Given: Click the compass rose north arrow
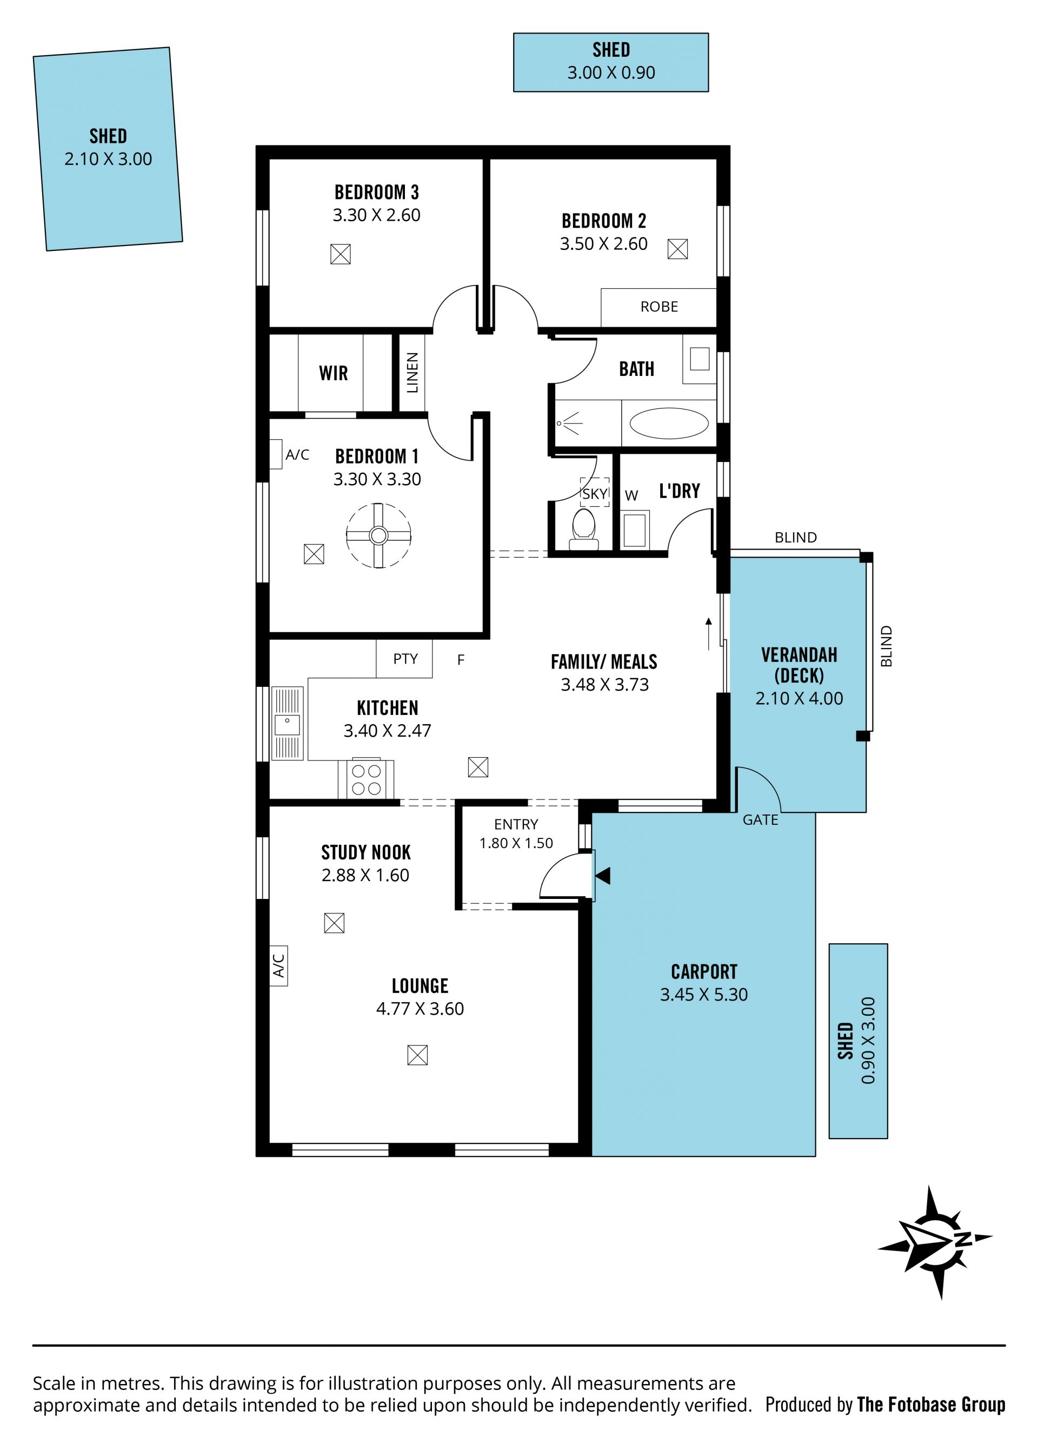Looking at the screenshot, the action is click(935, 1242).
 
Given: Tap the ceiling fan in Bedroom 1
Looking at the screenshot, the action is click(378, 535).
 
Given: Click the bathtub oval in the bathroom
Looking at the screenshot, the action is click(669, 423).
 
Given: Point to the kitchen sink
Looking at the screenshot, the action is click(288, 724).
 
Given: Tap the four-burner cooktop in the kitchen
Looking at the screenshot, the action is click(366, 779).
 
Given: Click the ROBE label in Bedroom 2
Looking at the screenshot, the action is click(659, 307).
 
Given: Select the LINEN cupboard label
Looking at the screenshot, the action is click(412, 373).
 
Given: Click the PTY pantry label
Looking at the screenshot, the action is click(405, 659).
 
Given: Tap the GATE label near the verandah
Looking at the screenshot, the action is click(760, 820).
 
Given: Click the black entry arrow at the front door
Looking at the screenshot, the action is click(602, 876).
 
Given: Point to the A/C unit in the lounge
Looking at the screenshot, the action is click(278, 966).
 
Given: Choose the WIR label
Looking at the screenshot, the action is click(334, 373).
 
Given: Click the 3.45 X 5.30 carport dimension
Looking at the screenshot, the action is click(703, 994).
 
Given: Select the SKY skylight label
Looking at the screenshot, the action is click(594, 494).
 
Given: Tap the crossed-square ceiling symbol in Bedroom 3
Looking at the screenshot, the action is click(341, 254).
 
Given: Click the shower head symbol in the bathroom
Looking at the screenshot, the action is click(569, 423).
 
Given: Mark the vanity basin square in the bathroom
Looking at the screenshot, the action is click(700, 359).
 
